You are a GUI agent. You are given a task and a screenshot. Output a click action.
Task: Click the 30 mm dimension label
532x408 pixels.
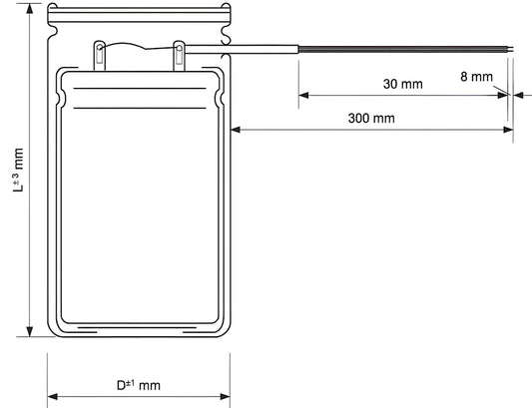point(402,84)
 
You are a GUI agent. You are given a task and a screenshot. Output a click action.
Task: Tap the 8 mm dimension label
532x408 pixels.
point(476,77)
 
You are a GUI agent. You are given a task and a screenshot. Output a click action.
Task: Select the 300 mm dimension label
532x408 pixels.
point(371,119)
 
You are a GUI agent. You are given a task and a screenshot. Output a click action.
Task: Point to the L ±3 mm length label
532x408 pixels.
point(19,170)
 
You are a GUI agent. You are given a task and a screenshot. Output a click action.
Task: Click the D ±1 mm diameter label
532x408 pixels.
point(139,385)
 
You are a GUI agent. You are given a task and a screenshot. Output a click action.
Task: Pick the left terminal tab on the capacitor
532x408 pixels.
point(99,56)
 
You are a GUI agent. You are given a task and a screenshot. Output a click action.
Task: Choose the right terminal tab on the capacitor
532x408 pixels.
point(179,56)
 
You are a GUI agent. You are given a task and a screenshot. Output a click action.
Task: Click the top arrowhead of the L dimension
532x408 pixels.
point(30,8)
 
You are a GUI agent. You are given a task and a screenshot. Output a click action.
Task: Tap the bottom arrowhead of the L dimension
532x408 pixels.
point(30,332)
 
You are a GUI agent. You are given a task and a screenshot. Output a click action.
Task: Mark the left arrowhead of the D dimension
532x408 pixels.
point(53,396)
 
